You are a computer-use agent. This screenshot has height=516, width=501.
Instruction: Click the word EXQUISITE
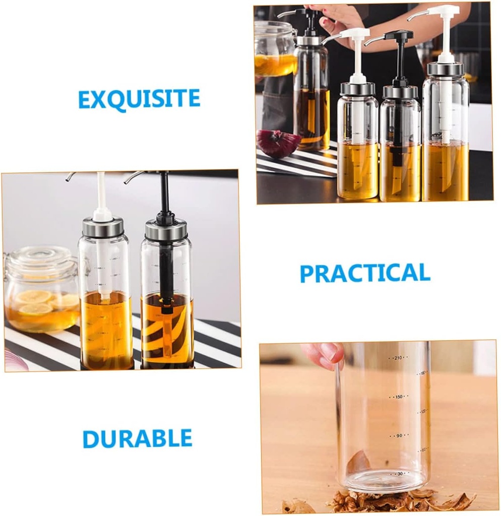point(139,99)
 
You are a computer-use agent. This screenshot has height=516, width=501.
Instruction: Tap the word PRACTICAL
point(365,273)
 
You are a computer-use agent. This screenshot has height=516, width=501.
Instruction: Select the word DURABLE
point(138,438)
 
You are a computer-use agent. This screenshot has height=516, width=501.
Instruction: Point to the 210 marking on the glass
point(398,358)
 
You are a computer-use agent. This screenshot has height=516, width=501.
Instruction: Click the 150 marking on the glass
point(399,397)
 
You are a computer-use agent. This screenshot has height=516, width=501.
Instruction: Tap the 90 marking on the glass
point(399,435)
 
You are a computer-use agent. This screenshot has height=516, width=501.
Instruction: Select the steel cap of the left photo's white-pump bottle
point(103,227)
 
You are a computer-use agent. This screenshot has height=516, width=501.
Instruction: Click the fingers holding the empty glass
point(325,354)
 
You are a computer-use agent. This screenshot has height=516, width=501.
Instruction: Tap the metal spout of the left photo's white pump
point(71,176)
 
